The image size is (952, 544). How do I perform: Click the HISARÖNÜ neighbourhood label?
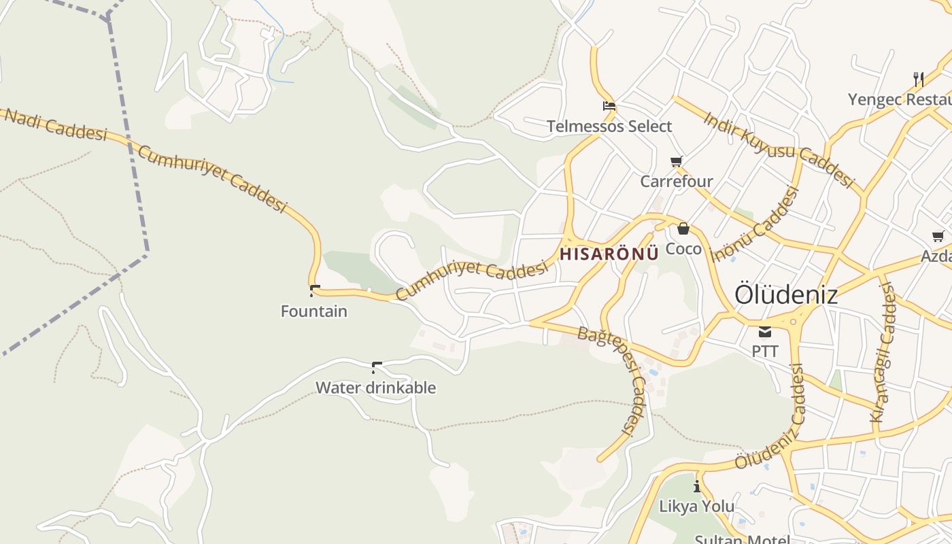click(609, 254)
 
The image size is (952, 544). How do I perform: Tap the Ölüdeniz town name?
click(785, 295)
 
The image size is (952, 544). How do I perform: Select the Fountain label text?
click(314, 311)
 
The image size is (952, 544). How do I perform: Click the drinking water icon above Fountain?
click(314, 290)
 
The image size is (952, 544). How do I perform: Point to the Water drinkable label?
click(375, 388)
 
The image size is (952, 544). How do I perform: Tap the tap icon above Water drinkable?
click(376, 367)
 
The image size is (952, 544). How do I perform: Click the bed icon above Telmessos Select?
click(609, 106)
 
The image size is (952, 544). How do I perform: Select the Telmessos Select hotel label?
click(609, 126)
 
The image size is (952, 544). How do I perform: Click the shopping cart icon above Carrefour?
click(676, 161)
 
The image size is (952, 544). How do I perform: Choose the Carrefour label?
click(677, 182)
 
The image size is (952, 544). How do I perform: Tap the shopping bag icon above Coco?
click(683, 228)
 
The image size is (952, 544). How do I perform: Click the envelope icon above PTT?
click(765, 332)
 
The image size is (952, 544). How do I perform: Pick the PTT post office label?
click(765, 352)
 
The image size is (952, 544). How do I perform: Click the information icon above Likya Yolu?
click(696, 486)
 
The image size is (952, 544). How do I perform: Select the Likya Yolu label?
click(697, 507)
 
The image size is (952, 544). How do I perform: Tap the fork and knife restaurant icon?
click(918, 79)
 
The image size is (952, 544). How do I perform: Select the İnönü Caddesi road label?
click(755, 224)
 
